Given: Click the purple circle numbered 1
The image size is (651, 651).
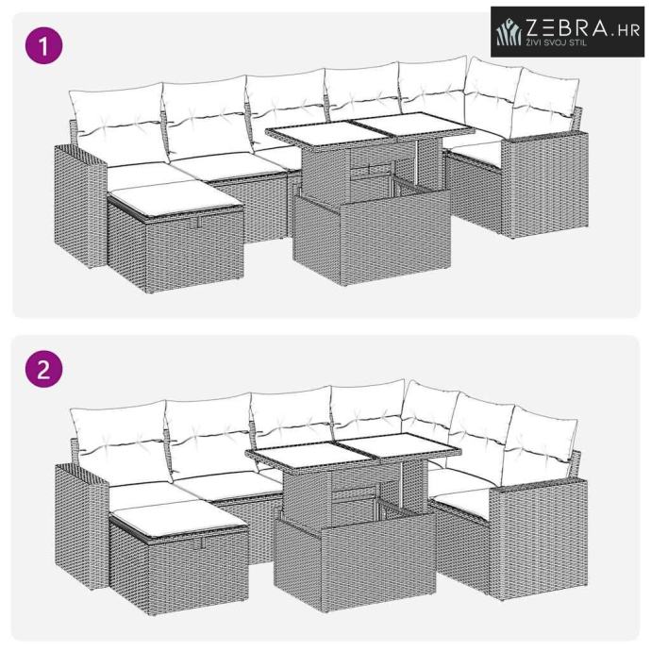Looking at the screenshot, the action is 44,45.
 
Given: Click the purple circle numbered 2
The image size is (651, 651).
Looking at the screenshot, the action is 44,369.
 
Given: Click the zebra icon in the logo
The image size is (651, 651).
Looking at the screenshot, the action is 509,32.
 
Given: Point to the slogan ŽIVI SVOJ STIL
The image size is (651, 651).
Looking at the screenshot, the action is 557,42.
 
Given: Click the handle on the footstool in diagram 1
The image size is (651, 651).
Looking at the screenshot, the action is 199,222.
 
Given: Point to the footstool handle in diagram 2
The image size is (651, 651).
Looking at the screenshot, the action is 204,542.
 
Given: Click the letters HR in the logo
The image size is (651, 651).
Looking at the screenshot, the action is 628,31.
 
